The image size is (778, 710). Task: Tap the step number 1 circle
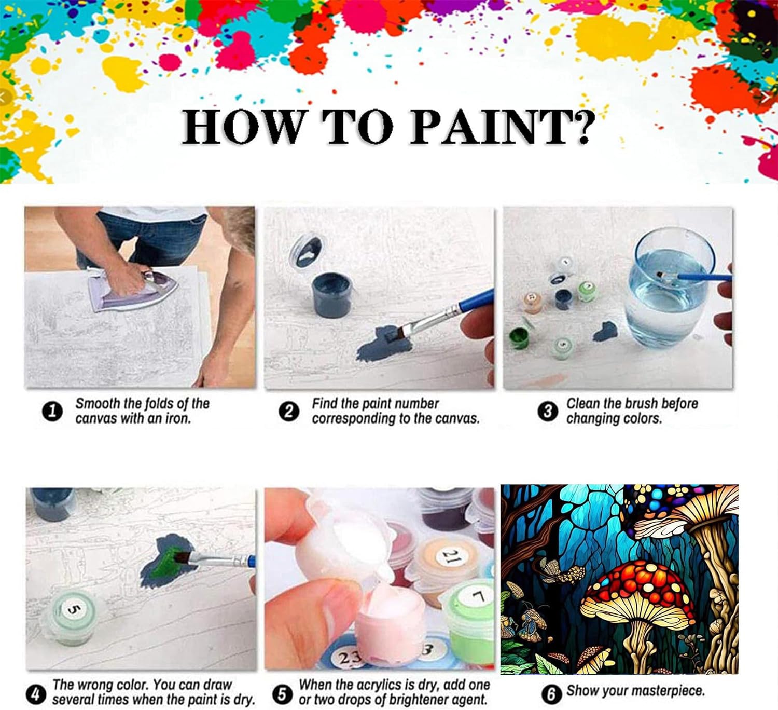[x=52, y=412]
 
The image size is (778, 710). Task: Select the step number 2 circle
[x=288, y=412]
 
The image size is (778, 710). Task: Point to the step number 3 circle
[x=548, y=412]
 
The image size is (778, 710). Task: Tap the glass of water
[x=669, y=287]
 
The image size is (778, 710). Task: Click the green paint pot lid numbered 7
[x=473, y=598]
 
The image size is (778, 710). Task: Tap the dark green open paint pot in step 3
[x=520, y=338]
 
